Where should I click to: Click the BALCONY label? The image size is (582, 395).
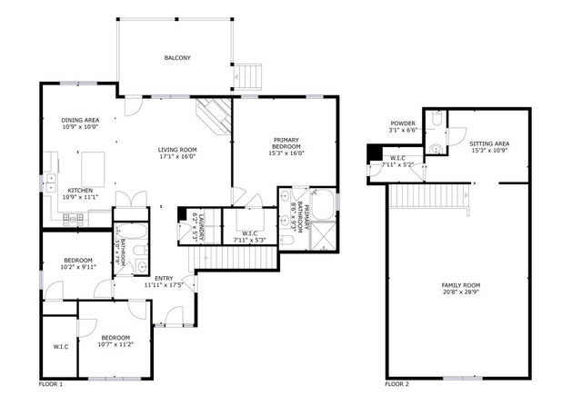(177, 58)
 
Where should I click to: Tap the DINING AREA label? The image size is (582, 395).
(79, 120)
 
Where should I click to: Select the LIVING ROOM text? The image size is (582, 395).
(177, 150)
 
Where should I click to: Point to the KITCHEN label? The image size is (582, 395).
(55, 190)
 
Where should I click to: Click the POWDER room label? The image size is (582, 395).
(403, 123)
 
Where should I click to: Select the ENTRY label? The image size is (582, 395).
(164, 279)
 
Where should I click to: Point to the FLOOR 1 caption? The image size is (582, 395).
(51, 384)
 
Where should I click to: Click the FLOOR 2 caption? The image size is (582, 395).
(396, 384)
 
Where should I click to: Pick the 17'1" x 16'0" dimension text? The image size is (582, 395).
(177, 156)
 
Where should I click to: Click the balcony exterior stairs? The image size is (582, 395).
(250, 75)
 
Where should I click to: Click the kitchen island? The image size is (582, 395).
(94, 168)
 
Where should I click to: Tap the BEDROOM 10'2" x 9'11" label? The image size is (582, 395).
(77, 263)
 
